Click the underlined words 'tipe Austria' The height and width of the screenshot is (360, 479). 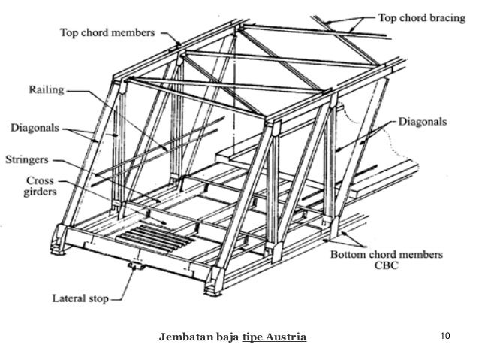pos(274,337)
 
